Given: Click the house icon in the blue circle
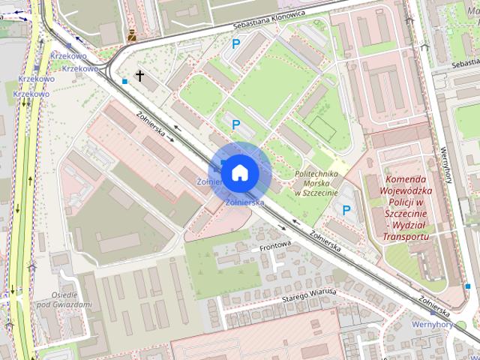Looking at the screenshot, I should [x=238, y=172].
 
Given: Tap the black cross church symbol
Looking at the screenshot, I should [x=139, y=76].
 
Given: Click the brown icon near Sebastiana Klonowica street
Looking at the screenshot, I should [x=133, y=34].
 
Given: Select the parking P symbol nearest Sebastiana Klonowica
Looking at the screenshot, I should [x=235, y=44].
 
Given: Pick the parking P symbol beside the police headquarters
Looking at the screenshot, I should [x=346, y=211].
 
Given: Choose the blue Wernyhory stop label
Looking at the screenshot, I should [x=433, y=324].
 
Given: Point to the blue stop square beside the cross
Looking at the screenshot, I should [x=124, y=80].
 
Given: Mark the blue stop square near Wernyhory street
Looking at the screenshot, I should [x=468, y=286].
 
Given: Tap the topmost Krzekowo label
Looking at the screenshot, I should [x=68, y=56].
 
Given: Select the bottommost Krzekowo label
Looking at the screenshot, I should [x=31, y=94].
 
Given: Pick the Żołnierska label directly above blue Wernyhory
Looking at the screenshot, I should [x=434, y=305].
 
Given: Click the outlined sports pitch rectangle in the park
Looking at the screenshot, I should [x=323, y=127].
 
